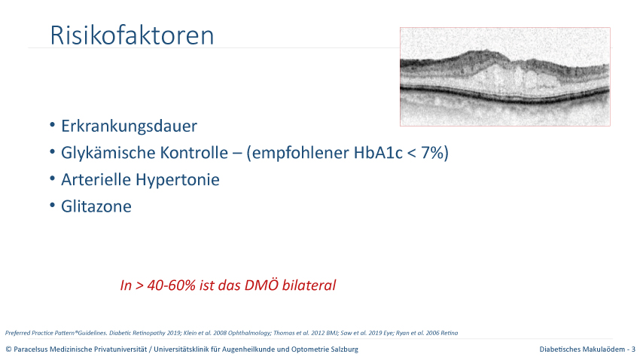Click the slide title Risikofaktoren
[132, 35]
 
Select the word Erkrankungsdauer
[129, 126]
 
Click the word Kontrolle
[194, 153]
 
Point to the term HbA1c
[378, 153]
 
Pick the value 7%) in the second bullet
[434, 153]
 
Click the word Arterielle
[96, 179]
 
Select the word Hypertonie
[178, 180]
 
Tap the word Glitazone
[96, 206]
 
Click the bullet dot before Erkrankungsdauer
[52, 124]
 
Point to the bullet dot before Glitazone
[52, 205]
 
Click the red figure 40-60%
[172, 285]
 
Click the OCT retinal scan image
[505, 77]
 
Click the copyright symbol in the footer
[8, 349]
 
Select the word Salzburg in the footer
[345, 349]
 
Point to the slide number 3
[633, 349]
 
